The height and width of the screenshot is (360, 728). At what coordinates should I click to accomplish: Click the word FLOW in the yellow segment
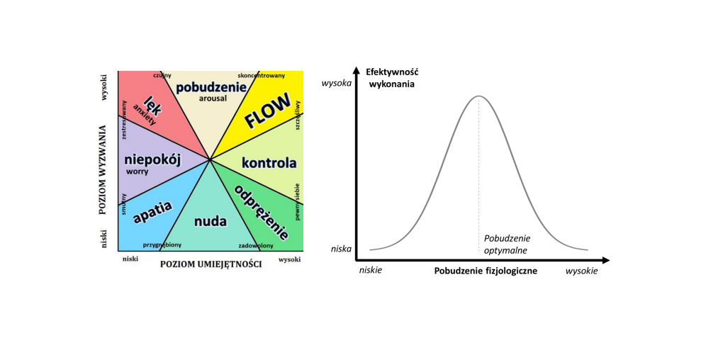pos(267,111)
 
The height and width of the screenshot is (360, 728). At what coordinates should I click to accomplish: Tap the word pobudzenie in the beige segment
pos(211,87)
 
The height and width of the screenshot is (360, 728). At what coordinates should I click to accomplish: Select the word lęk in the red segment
pos(151,105)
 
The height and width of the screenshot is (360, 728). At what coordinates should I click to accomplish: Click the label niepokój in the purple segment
pos(152,159)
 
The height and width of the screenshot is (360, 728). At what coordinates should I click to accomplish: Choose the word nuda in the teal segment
pos(211,221)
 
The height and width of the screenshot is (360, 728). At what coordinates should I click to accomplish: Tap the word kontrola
pos(269,163)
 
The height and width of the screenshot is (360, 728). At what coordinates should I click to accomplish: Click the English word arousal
pos(213,99)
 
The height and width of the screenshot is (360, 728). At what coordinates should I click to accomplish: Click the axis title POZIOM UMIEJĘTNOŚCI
pos(211,264)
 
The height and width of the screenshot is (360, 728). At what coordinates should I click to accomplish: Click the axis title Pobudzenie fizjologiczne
pos(486,271)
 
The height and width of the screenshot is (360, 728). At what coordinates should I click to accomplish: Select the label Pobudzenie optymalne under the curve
pos(506,244)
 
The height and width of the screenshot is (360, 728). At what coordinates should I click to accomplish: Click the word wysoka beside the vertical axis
pos(337,82)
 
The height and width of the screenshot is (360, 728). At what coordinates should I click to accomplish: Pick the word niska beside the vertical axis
pos(341,249)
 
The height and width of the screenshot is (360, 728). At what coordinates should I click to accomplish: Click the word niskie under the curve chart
pos(371,271)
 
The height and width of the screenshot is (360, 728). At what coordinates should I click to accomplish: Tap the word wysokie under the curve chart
pos(581,271)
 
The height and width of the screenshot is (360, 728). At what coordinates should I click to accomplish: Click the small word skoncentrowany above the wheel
pos(262,74)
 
